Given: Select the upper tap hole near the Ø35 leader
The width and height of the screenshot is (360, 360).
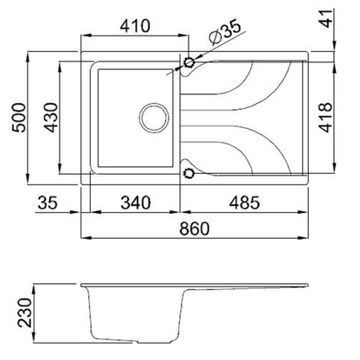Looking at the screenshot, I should tap(189, 63).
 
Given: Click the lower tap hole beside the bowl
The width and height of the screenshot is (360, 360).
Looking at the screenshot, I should tap(189, 174).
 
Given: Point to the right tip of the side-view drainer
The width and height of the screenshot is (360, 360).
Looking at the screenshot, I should tap(308, 286).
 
